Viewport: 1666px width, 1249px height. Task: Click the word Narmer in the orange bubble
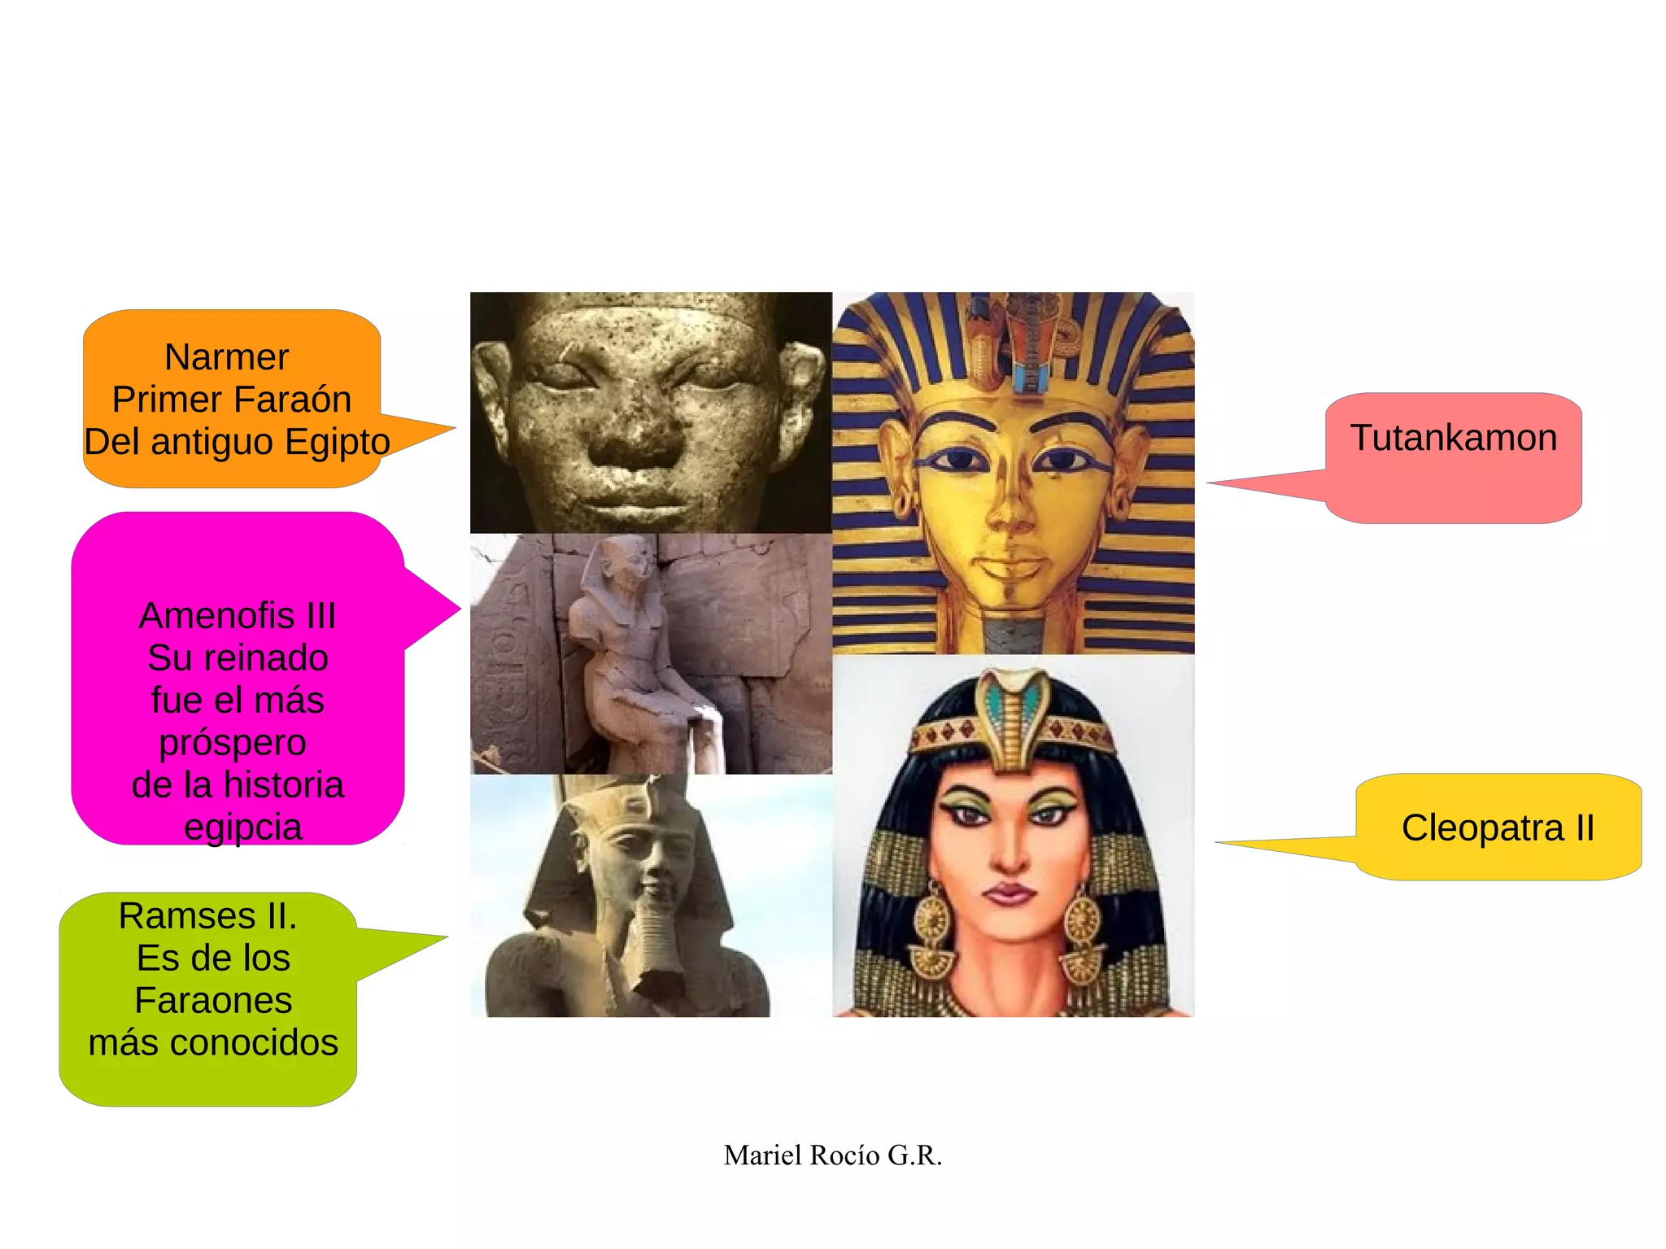(x=226, y=357)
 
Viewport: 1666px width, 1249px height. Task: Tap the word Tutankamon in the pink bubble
(x=1453, y=438)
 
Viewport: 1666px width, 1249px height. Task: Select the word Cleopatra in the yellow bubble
(x=1482, y=828)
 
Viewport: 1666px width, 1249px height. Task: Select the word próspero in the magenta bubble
(x=233, y=743)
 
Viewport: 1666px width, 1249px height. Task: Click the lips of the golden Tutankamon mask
(x=1010, y=565)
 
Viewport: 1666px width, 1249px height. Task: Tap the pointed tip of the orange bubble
(x=454, y=427)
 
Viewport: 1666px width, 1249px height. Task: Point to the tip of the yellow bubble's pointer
(x=1217, y=842)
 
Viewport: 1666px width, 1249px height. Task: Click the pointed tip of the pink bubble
(x=1208, y=483)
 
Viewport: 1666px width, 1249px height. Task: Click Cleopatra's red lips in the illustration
(x=1009, y=893)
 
